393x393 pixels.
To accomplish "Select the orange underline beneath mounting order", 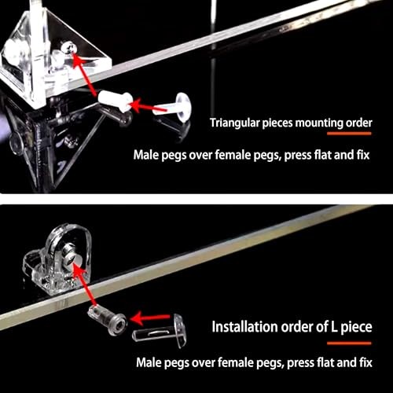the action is click(349, 134).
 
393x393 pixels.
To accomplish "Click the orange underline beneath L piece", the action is click(349, 343).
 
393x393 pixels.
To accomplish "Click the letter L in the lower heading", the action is click(334, 327).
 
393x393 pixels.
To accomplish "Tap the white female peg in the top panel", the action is click(116, 102).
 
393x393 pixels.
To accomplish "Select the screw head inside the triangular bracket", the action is click(68, 48).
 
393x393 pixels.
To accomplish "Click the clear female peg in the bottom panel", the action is click(108, 320).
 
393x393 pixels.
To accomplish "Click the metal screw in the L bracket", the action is click(72, 253).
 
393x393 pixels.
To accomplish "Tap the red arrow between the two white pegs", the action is click(148, 105).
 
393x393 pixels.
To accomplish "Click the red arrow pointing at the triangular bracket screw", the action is click(84, 75).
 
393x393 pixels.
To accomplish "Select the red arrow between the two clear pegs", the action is click(150, 318).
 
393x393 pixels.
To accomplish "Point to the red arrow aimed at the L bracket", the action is click(85, 285).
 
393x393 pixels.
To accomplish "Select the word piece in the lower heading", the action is click(356, 327).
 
